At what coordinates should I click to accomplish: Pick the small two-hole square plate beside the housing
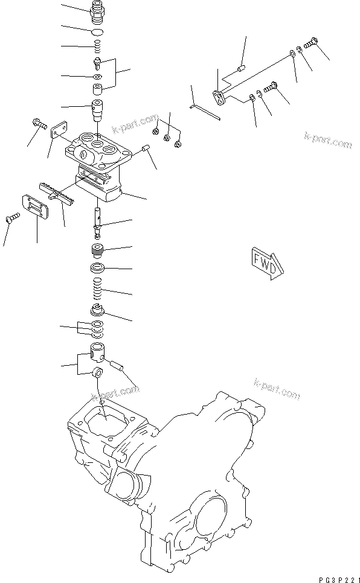tap(58, 132)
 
